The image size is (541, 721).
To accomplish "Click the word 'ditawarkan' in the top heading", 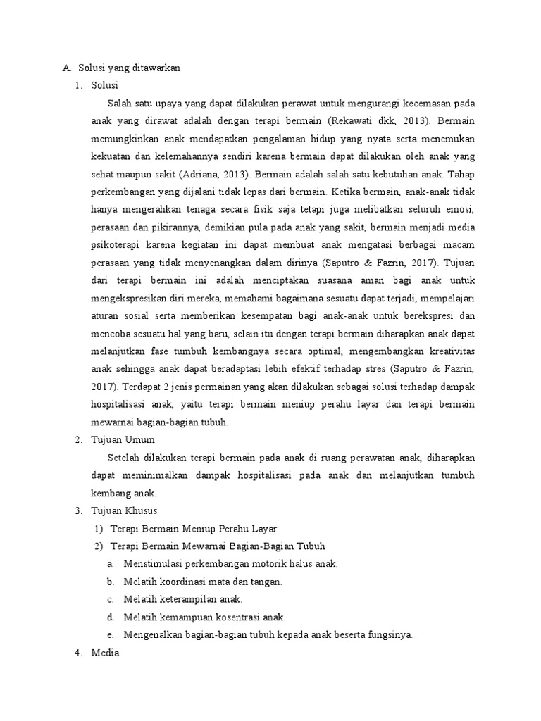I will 156,68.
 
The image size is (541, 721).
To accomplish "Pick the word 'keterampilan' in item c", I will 185,599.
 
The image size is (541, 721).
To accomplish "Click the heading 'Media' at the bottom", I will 106,653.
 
